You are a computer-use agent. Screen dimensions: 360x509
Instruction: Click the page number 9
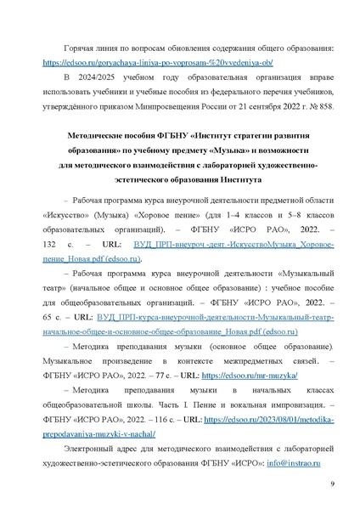click(x=332, y=484)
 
